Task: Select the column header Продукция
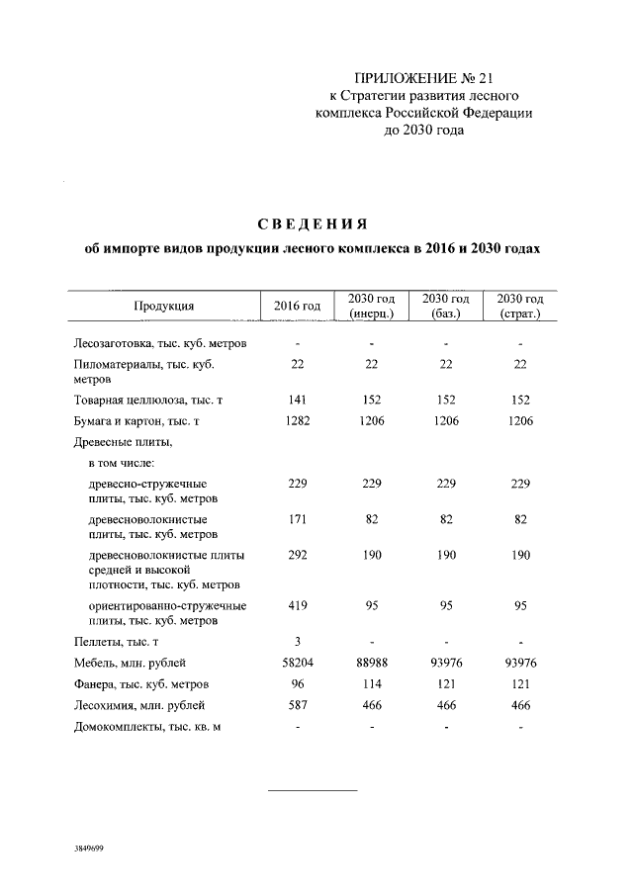pyautogui.click(x=163, y=307)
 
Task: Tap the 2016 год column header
pyautogui.click(x=297, y=307)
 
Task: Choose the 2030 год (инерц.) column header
pyautogui.click(x=372, y=307)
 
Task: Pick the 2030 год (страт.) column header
pyautogui.click(x=520, y=307)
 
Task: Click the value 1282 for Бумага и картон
pyautogui.click(x=297, y=422)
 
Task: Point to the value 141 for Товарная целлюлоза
pyautogui.click(x=297, y=400)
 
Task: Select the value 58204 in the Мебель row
pyautogui.click(x=297, y=663)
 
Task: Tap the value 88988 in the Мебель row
pyautogui.click(x=372, y=663)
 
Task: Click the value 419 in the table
pyautogui.click(x=297, y=605)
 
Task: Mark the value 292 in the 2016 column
pyautogui.click(x=297, y=555)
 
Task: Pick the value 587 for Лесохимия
pyautogui.click(x=297, y=706)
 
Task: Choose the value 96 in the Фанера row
pyautogui.click(x=297, y=684)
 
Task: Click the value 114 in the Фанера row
pyautogui.click(x=372, y=684)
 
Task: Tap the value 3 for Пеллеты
pyautogui.click(x=297, y=642)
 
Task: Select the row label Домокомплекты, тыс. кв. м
pyautogui.click(x=145, y=729)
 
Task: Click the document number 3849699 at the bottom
pyautogui.click(x=89, y=849)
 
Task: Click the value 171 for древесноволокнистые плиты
pyautogui.click(x=297, y=518)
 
